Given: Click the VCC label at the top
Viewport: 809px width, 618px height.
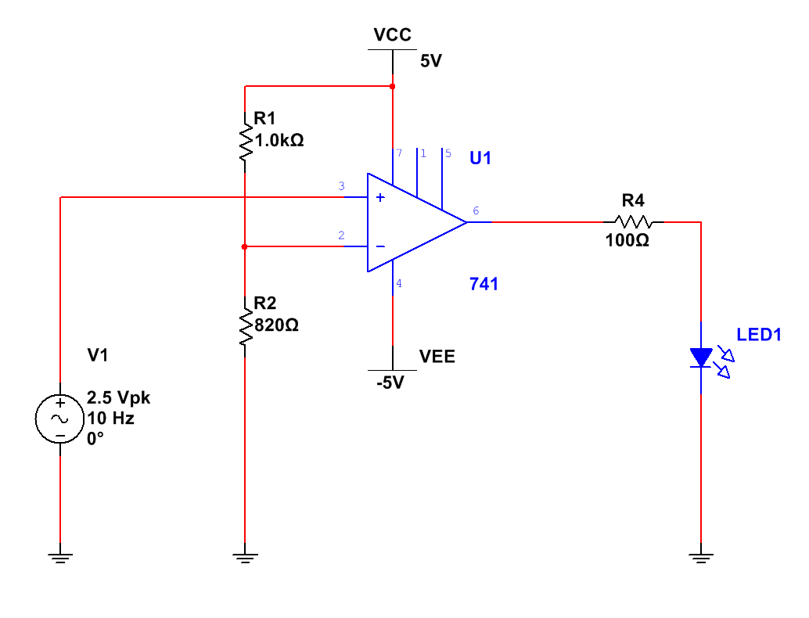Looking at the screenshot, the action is (392, 34).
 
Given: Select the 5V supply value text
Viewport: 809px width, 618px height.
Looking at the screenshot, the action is (431, 61).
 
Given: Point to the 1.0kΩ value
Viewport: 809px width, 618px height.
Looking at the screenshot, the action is (279, 140).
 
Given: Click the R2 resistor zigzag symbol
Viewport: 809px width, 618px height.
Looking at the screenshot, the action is (246, 327).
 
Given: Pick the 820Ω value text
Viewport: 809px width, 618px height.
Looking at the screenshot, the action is (276, 325).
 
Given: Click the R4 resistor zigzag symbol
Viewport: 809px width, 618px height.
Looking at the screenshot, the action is (634, 222).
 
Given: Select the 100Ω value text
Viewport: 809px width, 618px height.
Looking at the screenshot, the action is (627, 240).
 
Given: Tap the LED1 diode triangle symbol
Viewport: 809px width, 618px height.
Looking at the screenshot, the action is (701, 357).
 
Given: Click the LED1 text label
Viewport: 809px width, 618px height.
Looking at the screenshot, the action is (758, 335).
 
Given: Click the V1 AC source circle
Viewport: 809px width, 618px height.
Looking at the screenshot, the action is (59, 419).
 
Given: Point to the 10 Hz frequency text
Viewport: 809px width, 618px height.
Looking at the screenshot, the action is (110, 418).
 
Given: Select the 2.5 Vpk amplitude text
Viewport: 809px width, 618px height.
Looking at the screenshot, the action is (118, 397).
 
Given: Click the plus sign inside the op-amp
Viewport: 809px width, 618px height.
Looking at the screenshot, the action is (380, 197).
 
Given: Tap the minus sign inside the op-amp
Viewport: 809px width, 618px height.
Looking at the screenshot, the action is (380, 246).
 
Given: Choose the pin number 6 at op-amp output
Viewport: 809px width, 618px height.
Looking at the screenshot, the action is (476, 210).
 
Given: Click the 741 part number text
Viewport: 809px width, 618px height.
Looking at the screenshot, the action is (484, 284).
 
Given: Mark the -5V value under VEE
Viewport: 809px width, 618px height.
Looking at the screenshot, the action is (390, 383).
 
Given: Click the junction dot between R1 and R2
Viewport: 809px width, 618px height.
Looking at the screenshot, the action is (245, 246).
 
